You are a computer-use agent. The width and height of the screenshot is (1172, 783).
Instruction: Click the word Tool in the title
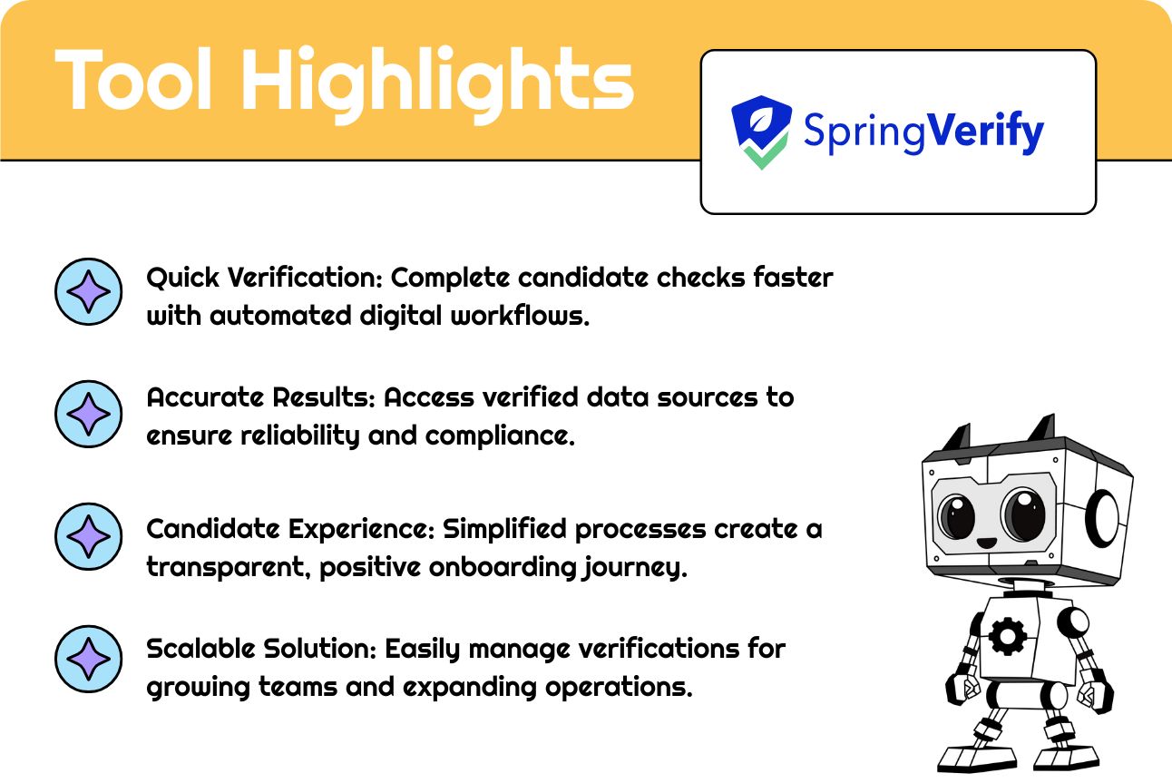coord(133,79)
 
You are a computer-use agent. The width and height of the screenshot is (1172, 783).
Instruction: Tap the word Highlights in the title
coord(437,85)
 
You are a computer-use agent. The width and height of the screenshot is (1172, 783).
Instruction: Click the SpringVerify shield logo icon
coord(761,132)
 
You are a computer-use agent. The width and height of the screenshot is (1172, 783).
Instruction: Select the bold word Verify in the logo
coord(985,132)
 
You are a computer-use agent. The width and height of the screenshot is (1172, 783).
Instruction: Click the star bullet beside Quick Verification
coord(88,291)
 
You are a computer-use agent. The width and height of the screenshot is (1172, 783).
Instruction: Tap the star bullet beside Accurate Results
coord(88,414)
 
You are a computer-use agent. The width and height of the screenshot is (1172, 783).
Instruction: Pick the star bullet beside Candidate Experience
coord(88,536)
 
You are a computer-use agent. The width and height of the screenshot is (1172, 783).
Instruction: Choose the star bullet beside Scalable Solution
coord(88,659)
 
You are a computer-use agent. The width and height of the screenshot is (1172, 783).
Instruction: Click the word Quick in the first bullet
coord(182,278)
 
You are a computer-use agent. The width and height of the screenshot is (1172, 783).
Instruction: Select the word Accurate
coord(205,397)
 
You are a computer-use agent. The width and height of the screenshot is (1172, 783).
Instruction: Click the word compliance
coord(500,436)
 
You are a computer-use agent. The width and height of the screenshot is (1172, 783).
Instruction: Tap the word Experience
coord(362,529)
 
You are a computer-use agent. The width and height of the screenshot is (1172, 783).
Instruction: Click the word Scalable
coord(200,649)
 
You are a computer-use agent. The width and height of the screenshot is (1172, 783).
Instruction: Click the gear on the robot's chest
coord(1007,636)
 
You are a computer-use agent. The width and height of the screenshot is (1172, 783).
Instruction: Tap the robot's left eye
coord(957,516)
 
